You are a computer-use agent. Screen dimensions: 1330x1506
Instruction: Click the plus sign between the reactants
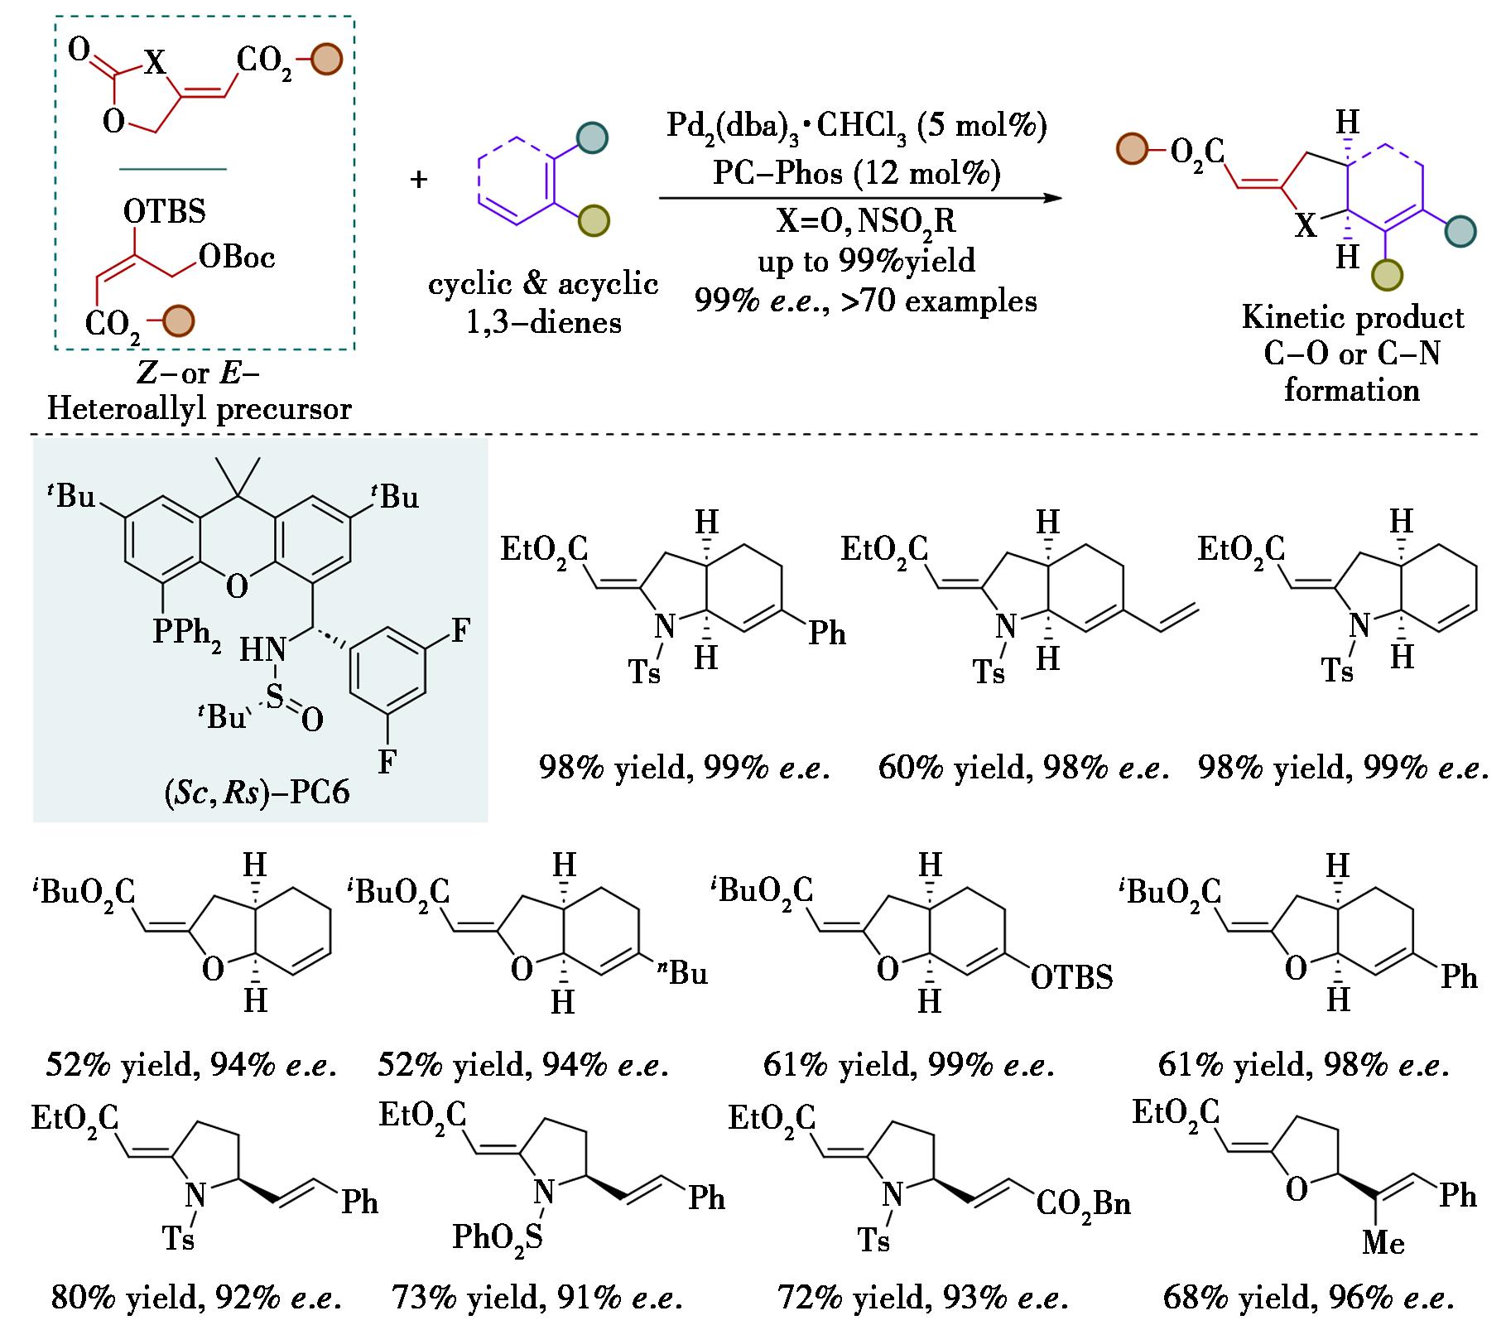point(419,179)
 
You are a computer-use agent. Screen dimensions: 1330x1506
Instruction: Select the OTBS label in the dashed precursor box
point(164,211)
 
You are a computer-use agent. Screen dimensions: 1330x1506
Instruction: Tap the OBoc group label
point(237,258)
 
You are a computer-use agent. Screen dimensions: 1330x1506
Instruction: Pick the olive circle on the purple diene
point(592,221)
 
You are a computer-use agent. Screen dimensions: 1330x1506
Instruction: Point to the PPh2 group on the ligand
point(187,634)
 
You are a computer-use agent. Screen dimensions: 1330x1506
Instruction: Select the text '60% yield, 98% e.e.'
point(1024,769)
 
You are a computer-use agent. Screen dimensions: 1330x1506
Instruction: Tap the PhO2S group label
point(498,1237)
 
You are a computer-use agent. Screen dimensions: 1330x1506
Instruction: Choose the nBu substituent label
point(683,972)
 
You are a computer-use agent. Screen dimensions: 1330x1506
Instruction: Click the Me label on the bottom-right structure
point(1383,1243)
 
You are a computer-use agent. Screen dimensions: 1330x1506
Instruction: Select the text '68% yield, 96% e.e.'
point(1309,1297)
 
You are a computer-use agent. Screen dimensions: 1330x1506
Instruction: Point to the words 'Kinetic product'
point(1353,318)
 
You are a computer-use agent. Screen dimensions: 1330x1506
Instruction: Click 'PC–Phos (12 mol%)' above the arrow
point(857,173)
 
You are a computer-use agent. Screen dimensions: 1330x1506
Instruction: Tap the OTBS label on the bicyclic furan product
point(1071,978)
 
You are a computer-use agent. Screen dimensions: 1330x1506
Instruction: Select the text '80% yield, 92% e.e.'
point(196,1297)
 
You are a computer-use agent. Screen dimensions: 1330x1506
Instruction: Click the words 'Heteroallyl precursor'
point(200,408)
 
